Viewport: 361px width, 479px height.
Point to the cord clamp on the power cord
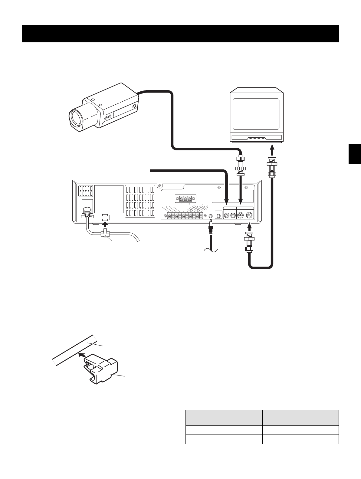pos(104,234)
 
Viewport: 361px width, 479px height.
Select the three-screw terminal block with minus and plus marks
pos(185,199)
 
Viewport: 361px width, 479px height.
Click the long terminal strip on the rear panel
pos(185,216)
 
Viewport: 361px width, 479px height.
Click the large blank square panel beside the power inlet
pos(109,199)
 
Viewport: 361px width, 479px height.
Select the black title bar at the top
pos(180,34)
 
